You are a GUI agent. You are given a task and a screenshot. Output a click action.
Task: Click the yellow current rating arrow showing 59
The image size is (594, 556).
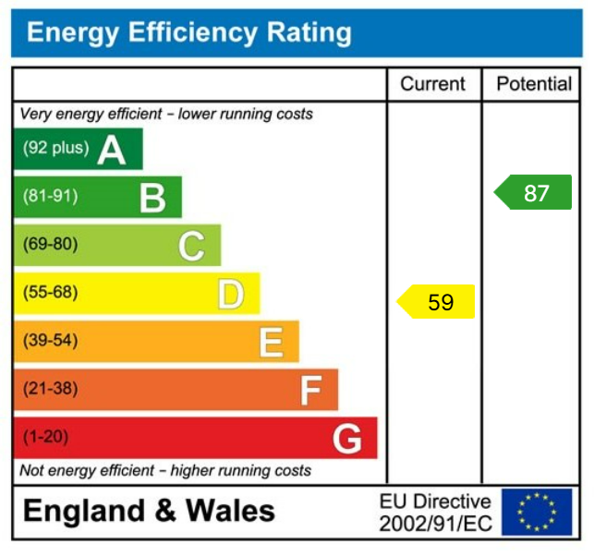(x=437, y=302)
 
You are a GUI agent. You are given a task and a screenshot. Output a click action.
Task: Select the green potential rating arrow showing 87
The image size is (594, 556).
(x=534, y=193)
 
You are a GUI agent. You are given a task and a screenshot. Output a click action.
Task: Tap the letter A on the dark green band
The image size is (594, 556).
(x=111, y=149)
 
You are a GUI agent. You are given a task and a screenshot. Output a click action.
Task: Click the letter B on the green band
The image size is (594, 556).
(x=152, y=198)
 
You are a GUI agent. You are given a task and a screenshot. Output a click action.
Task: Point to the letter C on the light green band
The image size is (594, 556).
(x=191, y=247)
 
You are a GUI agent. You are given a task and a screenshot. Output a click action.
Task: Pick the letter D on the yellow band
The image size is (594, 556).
(x=231, y=295)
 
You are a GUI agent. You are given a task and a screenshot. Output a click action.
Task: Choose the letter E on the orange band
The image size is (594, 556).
(x=271, y=343)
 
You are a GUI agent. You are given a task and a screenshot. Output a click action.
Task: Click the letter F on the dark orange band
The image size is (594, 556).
(x=310, y=391)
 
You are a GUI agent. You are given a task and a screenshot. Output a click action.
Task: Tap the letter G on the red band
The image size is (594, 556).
(x=347, y=439)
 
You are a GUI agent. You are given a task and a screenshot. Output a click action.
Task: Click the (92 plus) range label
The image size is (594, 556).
(x=55, y=148)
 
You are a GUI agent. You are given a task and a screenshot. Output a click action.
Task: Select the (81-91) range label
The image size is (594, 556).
(x=50, y=197)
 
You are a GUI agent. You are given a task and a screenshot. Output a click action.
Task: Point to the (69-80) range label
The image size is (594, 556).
(x=50, y=245)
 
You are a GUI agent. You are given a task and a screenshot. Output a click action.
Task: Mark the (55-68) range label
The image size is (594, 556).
(x=50, y=293)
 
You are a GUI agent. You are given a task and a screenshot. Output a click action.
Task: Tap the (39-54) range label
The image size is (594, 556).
(x=50, y=341)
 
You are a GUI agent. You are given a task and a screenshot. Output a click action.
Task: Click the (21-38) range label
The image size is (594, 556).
(x=50, y=389)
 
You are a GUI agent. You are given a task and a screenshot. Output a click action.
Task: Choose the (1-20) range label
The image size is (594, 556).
(x=45, y=437)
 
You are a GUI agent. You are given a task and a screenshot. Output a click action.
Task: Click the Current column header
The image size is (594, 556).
(x=432, y=84)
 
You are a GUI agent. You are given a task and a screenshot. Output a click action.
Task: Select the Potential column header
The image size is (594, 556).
(x=534, y=84)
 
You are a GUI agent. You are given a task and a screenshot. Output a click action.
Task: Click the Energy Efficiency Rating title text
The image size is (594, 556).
(x=189, y=33)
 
